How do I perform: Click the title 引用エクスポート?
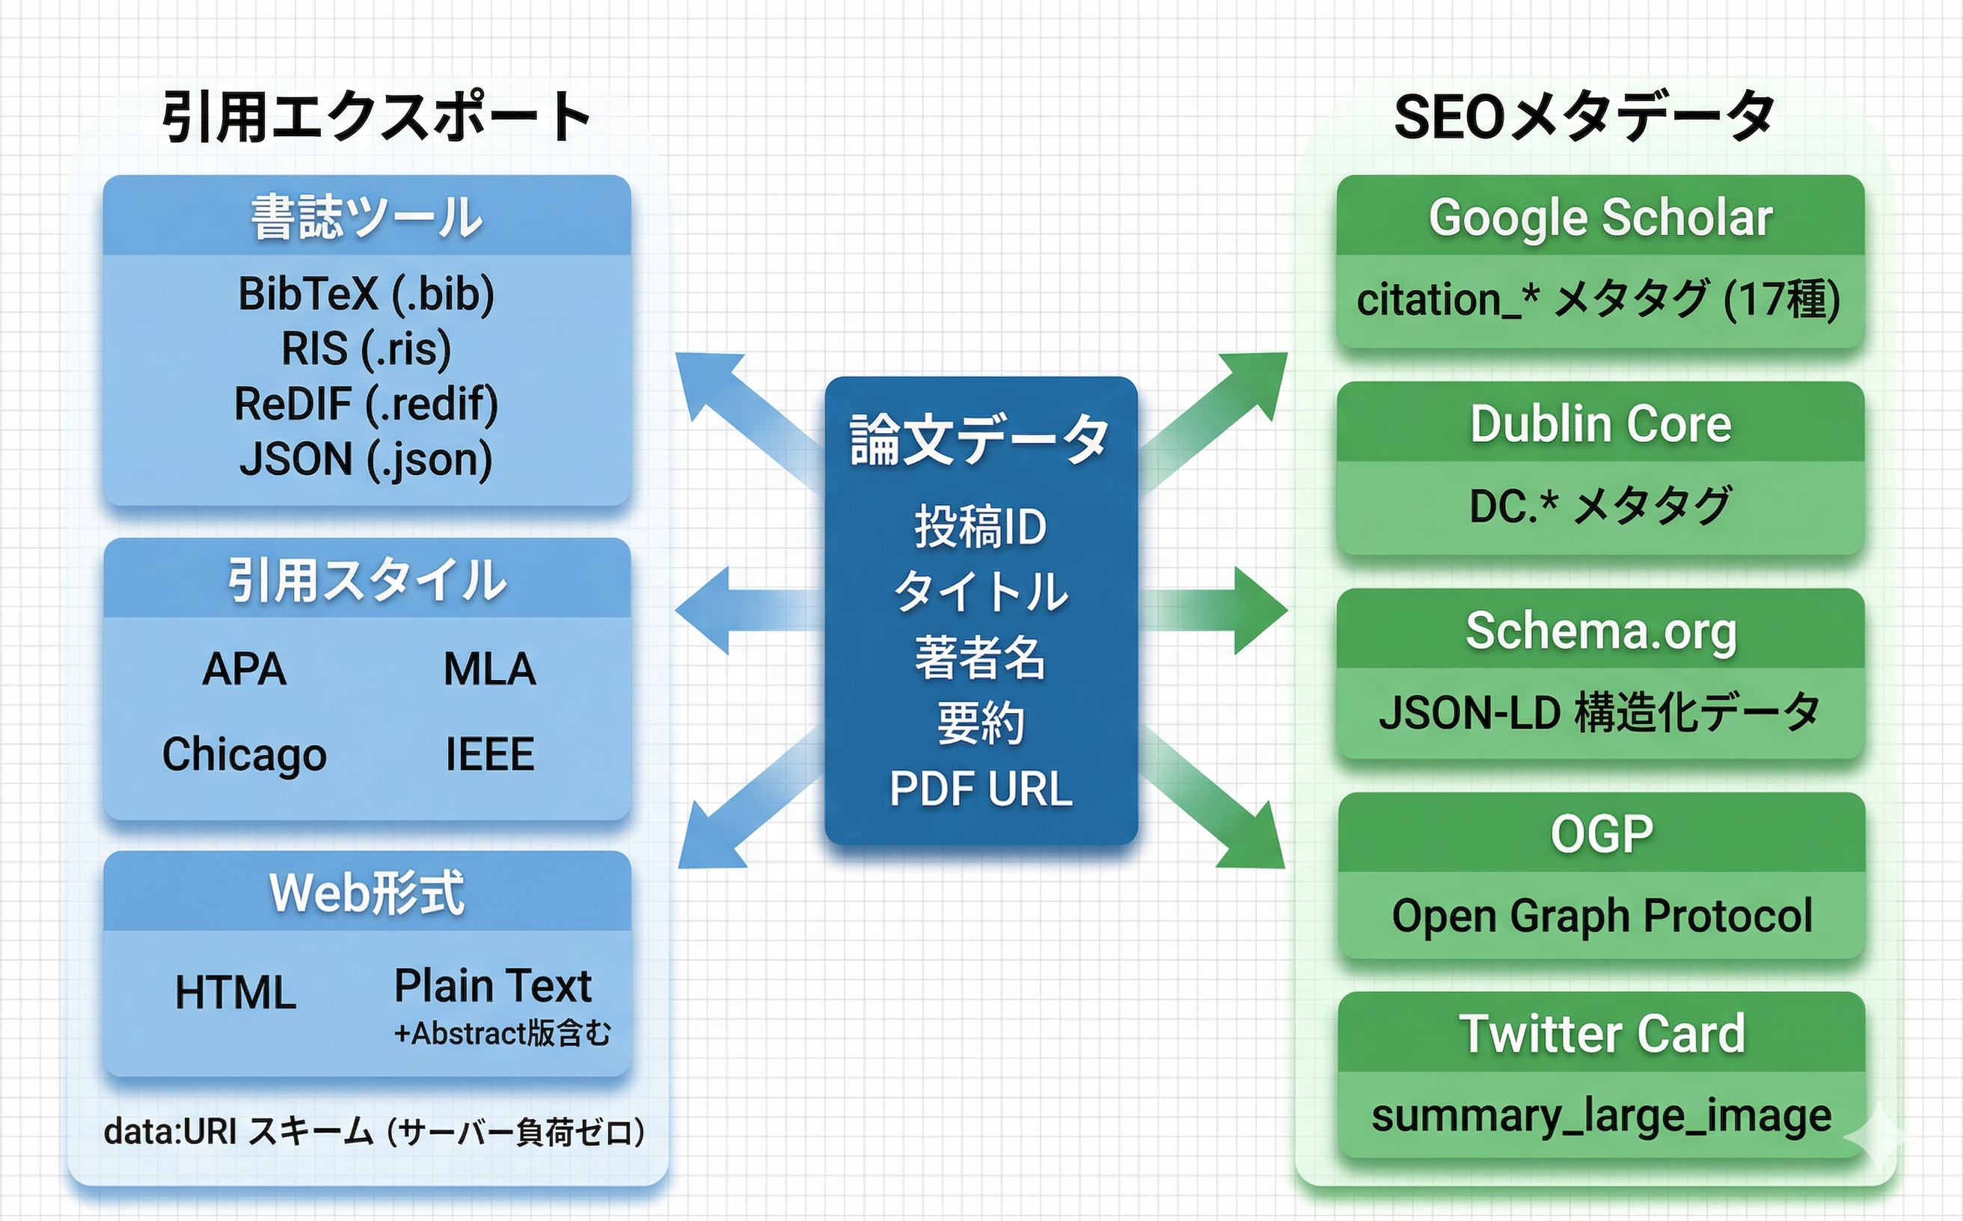[376, 117]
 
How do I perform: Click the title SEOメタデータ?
[1584, 117]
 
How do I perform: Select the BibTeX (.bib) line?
[366, 294]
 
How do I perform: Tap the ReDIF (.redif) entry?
[366, 404]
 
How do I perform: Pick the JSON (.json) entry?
[366, 459]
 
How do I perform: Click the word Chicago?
[244, 754]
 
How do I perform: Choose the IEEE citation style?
[489, 754]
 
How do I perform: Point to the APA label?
[244, 669]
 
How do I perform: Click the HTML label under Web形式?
[236, 993]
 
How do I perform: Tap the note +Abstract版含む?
[502, 1034]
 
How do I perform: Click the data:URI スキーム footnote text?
[374, 1132]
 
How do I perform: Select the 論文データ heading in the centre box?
[979, 440]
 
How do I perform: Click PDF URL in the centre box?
[980, 789]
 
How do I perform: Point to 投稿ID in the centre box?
[980, 527]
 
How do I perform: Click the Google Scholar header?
[1600, 217]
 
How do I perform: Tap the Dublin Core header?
[1600, 424]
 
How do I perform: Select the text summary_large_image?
[1600, 1116]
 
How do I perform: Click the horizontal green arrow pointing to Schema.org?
[1219, 610]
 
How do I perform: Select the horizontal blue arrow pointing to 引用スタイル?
[743, 610]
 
